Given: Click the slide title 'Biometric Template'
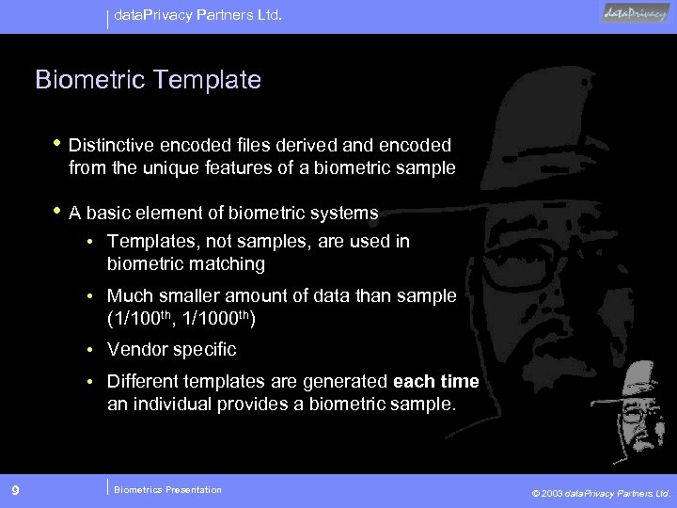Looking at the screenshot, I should (148, 80).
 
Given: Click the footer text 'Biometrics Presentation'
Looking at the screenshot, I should (167, 489).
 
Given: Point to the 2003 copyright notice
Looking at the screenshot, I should (601, 492).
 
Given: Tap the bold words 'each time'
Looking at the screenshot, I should (435, 381).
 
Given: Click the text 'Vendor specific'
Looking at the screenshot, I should (172, 350).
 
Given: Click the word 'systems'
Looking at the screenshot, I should (346, 213).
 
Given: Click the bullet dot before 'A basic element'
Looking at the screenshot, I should (59, 212).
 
